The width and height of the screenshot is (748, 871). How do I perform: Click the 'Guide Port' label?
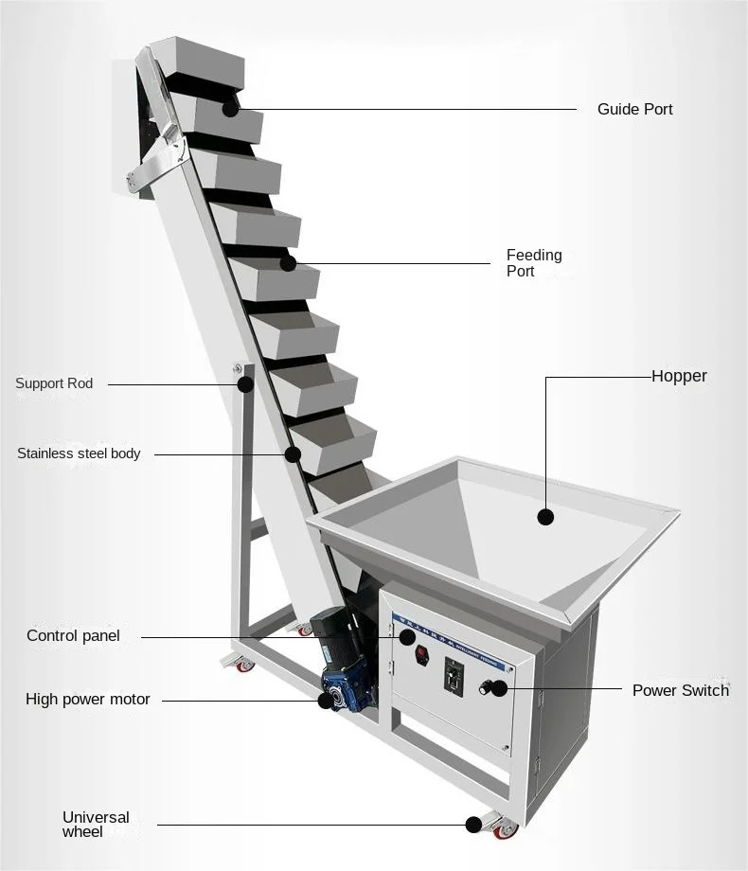pyautogui.click(x=634, y=110)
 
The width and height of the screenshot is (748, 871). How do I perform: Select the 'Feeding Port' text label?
pyautogui.click(x=533, y=263)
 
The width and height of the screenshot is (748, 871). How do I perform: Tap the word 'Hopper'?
pyautogui.click(x=679, y=377)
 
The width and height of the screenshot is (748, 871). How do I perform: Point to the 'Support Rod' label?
pyautogui.click(x=54, y=384)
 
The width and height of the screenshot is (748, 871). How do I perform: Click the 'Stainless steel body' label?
pyautogui.click(x=79, y=453)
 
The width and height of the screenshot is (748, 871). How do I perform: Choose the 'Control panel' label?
pyautogui.click(x=73, y=636)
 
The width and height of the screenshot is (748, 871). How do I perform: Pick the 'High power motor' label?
pyautogui.click(x=87, y=700)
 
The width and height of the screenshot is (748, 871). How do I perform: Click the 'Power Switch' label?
pyautogui.click(x=680, y=690)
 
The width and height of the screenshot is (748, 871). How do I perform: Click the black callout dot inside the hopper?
pyautogui.click(x=545, y=517)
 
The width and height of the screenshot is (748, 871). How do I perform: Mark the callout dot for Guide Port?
pyautogui.click(x=231, y=108)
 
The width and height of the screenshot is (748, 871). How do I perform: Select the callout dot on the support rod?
pyautogui.click(x=245, y=384)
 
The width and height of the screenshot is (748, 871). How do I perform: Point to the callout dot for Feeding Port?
pyautogui.click(x=288, y=263)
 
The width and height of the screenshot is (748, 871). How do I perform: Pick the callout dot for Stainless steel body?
pyautogui.click(x=293, y=454)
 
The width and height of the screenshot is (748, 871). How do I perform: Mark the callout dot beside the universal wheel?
pyautogui.click(x=473, y=825)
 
